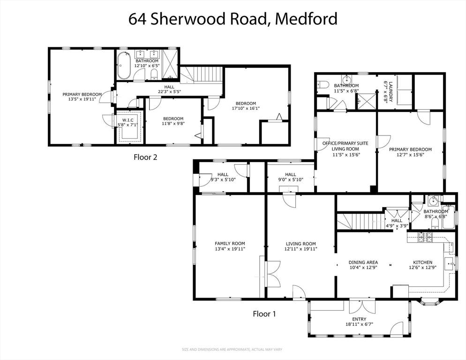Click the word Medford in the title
point(306,19)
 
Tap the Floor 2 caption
point(145,157)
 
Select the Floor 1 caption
point(264,314)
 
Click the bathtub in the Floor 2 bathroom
point(123,66)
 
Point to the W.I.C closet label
point(128,120)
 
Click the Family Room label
point(230,243)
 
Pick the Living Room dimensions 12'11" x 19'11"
point(301,249)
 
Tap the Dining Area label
point(363,262)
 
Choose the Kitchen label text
point(422,262)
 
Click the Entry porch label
point(359,319)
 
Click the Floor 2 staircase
point(202,74)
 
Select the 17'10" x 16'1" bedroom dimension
point(246,108)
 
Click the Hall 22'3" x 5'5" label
point(169,89)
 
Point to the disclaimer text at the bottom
point(232,350)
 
